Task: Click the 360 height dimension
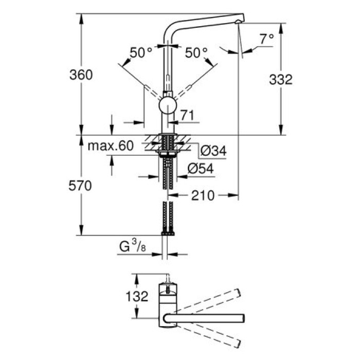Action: [82, 75]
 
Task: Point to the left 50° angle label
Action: [140, 52]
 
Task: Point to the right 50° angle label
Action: [196, 52]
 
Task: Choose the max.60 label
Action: [110, 146]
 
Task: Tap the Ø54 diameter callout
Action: [201, 168]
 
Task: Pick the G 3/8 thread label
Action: [132, 248]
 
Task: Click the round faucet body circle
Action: [167, 106]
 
